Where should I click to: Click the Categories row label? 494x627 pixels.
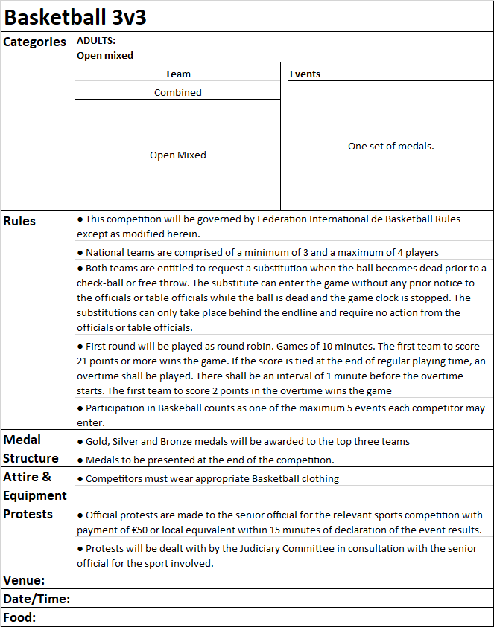pos(35,42)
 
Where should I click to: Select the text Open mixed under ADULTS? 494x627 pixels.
pos(105,55)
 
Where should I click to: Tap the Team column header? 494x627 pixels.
pos(178,74)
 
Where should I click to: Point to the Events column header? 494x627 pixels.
pos(305,74)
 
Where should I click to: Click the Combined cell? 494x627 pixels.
pos(178,92)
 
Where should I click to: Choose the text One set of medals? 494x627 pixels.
pos(390,146)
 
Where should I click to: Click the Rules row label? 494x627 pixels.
pos(19,221)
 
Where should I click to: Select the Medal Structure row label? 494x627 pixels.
pos(31,448)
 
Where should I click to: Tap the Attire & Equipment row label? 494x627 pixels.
pos(35,486)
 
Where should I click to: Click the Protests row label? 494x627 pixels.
pos(28,514)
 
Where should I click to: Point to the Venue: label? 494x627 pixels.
pos(25,580)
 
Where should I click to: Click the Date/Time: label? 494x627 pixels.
pos(37,599)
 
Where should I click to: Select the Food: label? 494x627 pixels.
pos(20,617)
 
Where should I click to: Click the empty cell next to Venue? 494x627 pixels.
pos(283,580)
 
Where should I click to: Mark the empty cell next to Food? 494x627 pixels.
pos(283,617)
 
